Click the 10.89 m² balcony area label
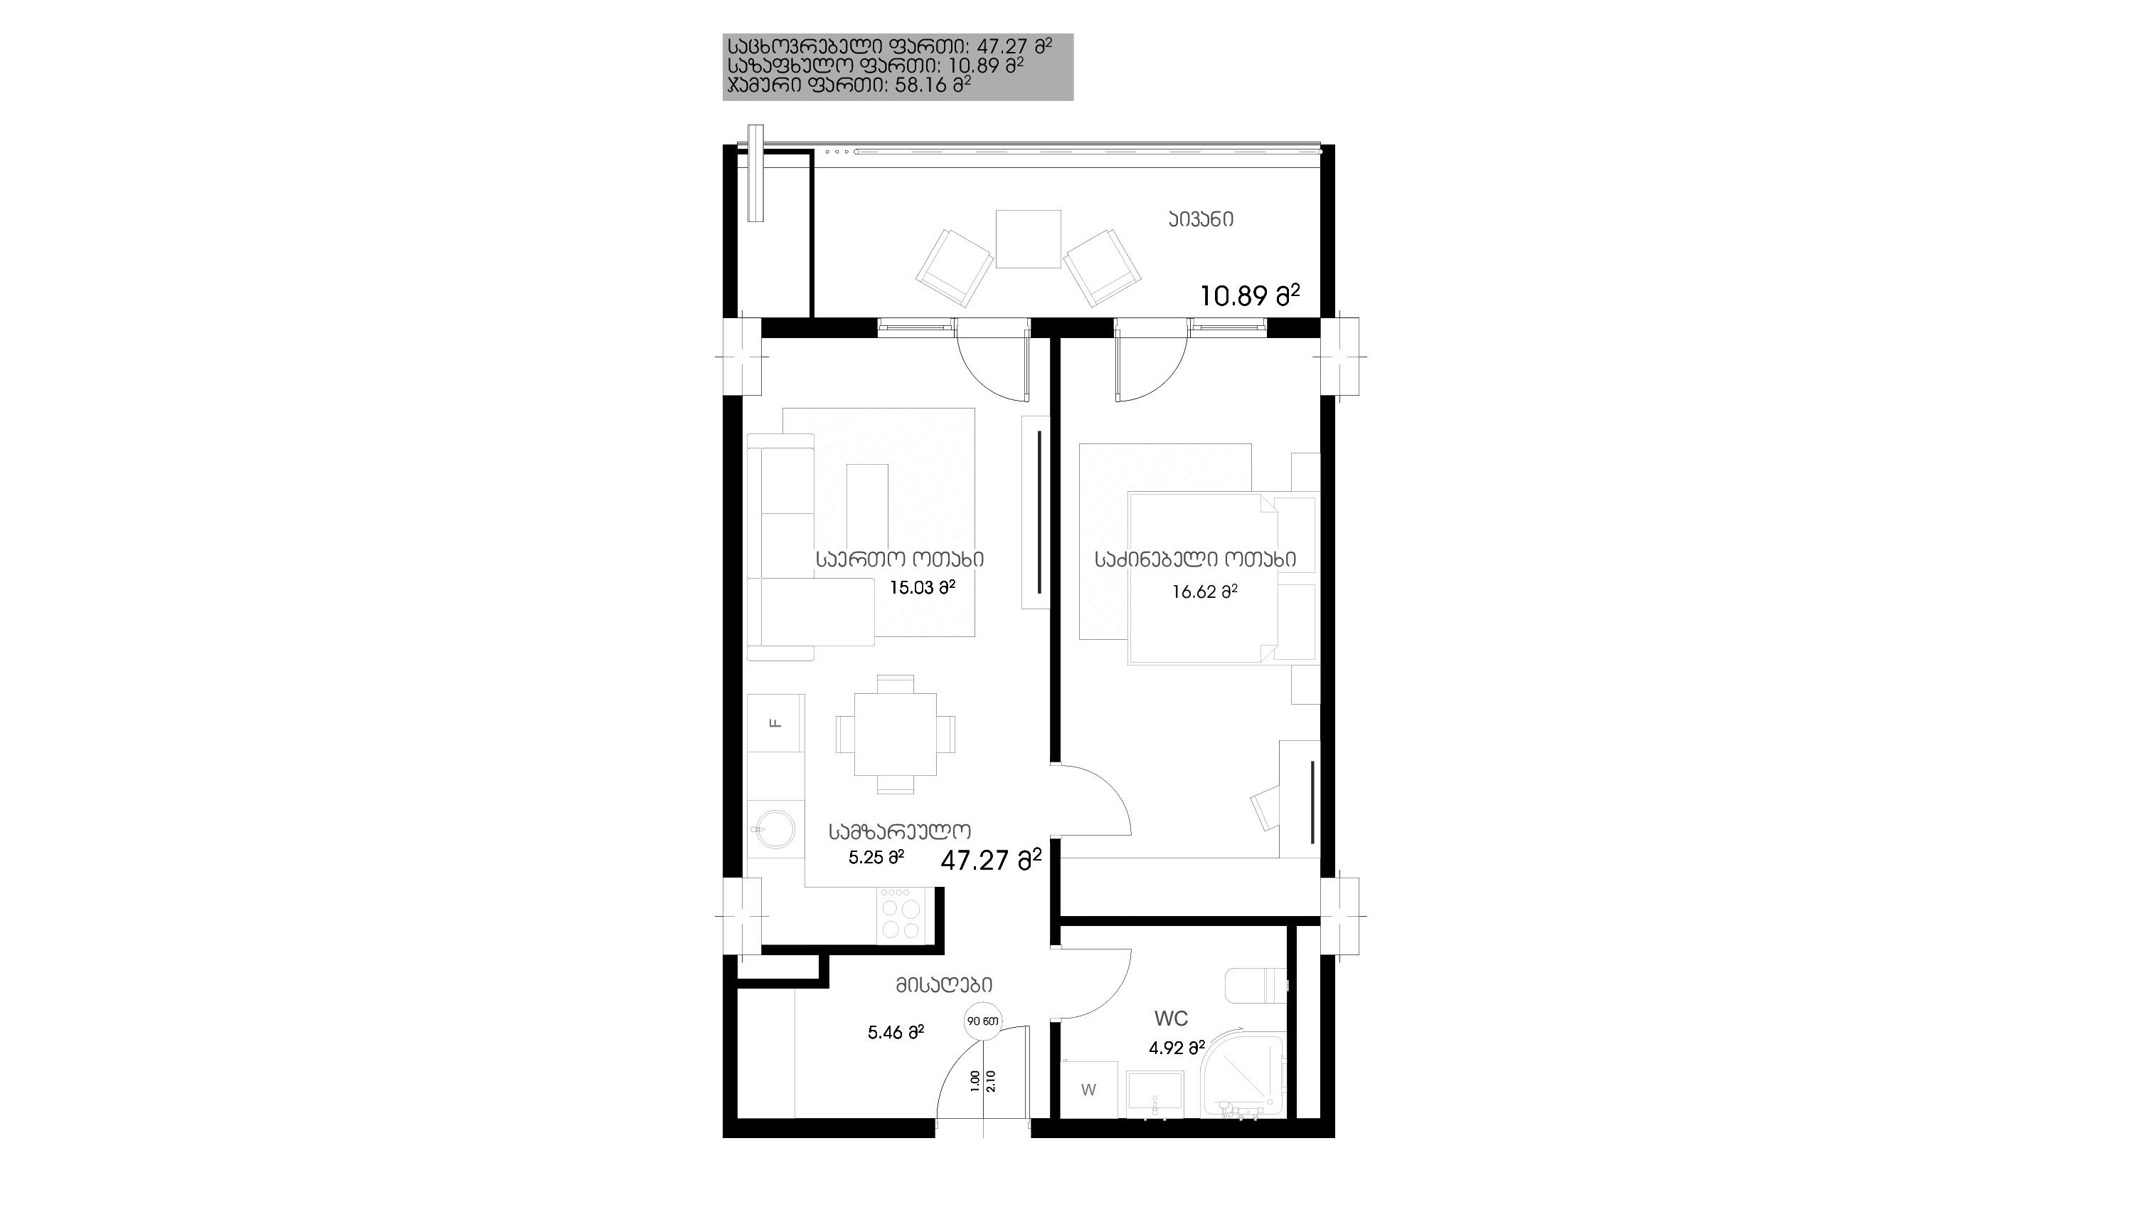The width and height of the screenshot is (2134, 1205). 1250,295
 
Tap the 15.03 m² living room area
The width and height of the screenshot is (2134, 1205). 922,588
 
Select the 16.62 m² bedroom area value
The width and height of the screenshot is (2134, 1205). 1204,591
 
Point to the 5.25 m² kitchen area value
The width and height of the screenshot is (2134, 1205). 876,858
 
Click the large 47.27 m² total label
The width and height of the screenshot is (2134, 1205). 991,861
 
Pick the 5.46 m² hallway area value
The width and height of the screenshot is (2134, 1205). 896,1032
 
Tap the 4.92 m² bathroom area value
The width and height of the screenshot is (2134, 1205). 1177,1048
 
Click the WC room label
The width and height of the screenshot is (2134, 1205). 1172,1019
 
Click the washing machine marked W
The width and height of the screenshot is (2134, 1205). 1088,1090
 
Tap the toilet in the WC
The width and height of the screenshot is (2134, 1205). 1256,984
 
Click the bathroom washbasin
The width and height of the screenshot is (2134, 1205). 1156,1095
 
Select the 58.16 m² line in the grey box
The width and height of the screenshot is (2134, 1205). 849,85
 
